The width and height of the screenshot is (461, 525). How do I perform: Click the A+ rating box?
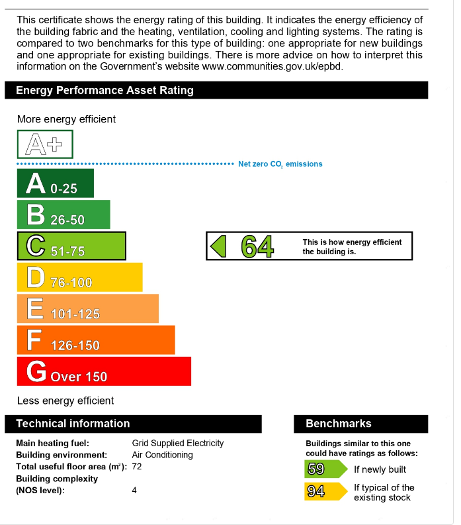45,144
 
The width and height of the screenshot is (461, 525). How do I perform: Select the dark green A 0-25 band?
55,183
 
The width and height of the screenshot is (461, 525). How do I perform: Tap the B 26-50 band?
63,215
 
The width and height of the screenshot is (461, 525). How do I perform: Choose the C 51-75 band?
71,246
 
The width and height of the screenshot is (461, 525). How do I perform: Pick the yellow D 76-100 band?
79,277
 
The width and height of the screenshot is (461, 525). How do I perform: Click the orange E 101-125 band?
87,309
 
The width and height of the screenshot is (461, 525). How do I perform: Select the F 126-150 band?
95,340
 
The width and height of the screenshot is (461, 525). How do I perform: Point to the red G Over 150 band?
104,371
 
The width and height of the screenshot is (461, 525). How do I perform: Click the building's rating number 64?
257,246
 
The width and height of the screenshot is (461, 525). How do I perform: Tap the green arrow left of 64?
218,246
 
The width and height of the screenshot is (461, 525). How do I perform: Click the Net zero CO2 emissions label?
280,164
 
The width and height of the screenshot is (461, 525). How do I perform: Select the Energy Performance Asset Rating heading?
105,91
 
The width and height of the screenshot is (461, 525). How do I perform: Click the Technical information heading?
73,424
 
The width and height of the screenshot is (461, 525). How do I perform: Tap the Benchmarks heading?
339,424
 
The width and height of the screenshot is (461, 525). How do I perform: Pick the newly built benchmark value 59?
316,469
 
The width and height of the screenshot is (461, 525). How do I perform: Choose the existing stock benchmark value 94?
316,492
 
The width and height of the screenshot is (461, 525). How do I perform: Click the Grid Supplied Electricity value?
178,443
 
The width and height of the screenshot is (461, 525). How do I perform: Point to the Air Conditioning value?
163,455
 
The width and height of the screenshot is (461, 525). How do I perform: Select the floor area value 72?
137,467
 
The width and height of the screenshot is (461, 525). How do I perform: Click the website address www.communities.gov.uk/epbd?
272,66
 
